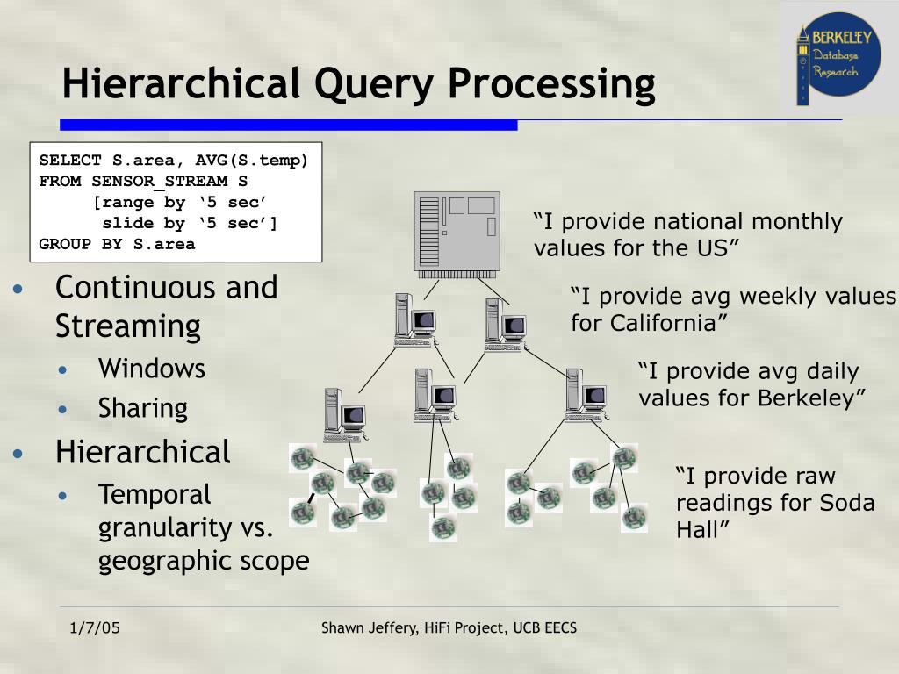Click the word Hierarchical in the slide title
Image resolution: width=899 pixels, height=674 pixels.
[x=175, y=84]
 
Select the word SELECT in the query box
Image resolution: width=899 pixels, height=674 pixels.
[x=69, y=161]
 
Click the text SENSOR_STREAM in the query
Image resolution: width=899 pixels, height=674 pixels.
[x=159, y=182]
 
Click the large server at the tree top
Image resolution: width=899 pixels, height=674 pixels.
[x=457, y=233]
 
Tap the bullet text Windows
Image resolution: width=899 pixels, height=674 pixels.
[x=151, y=369]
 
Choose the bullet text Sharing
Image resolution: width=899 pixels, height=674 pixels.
[x=142, y=409]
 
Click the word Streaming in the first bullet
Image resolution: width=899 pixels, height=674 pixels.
[x=128, y=326]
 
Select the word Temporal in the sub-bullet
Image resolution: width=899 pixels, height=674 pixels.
[x=155, y=495]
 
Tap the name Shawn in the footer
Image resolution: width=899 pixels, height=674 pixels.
[x=345, y=628]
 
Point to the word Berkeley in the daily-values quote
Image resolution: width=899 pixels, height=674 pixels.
[x=812, y=398]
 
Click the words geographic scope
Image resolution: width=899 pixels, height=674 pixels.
[x=204, y=562]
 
